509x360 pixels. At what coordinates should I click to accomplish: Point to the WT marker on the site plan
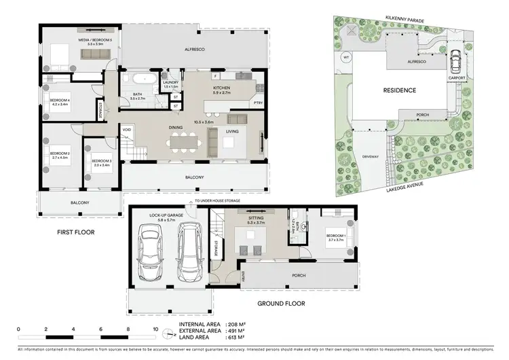[346, 58]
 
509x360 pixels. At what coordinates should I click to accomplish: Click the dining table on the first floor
[185, 141]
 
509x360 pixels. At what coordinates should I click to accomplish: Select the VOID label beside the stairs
[127, 129]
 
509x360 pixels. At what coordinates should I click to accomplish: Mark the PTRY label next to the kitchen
[258, 103]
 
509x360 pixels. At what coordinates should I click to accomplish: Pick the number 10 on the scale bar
[157, 329]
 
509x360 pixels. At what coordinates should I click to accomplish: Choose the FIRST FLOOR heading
[76, 232]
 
